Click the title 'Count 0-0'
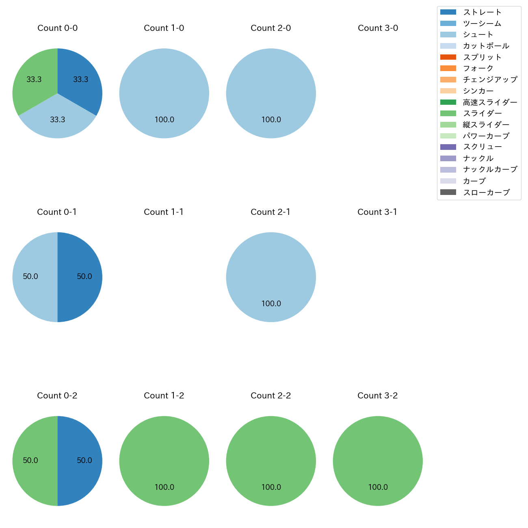[57, 28]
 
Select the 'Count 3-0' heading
[378, 28]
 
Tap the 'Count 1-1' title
[164, 212]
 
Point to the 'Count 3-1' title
[377, 212]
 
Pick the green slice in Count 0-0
[32, 81]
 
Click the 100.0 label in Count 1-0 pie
[164, 120]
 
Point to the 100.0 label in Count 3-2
[378, 487]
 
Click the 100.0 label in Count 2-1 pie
[271, 303]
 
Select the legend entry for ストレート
[482, 12]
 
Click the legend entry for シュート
[478, 35]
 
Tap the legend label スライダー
[482, 113]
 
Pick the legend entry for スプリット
[482, 57]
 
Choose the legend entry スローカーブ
[486, 192]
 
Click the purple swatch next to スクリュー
[448, 147]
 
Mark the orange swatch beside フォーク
[448, 68]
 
